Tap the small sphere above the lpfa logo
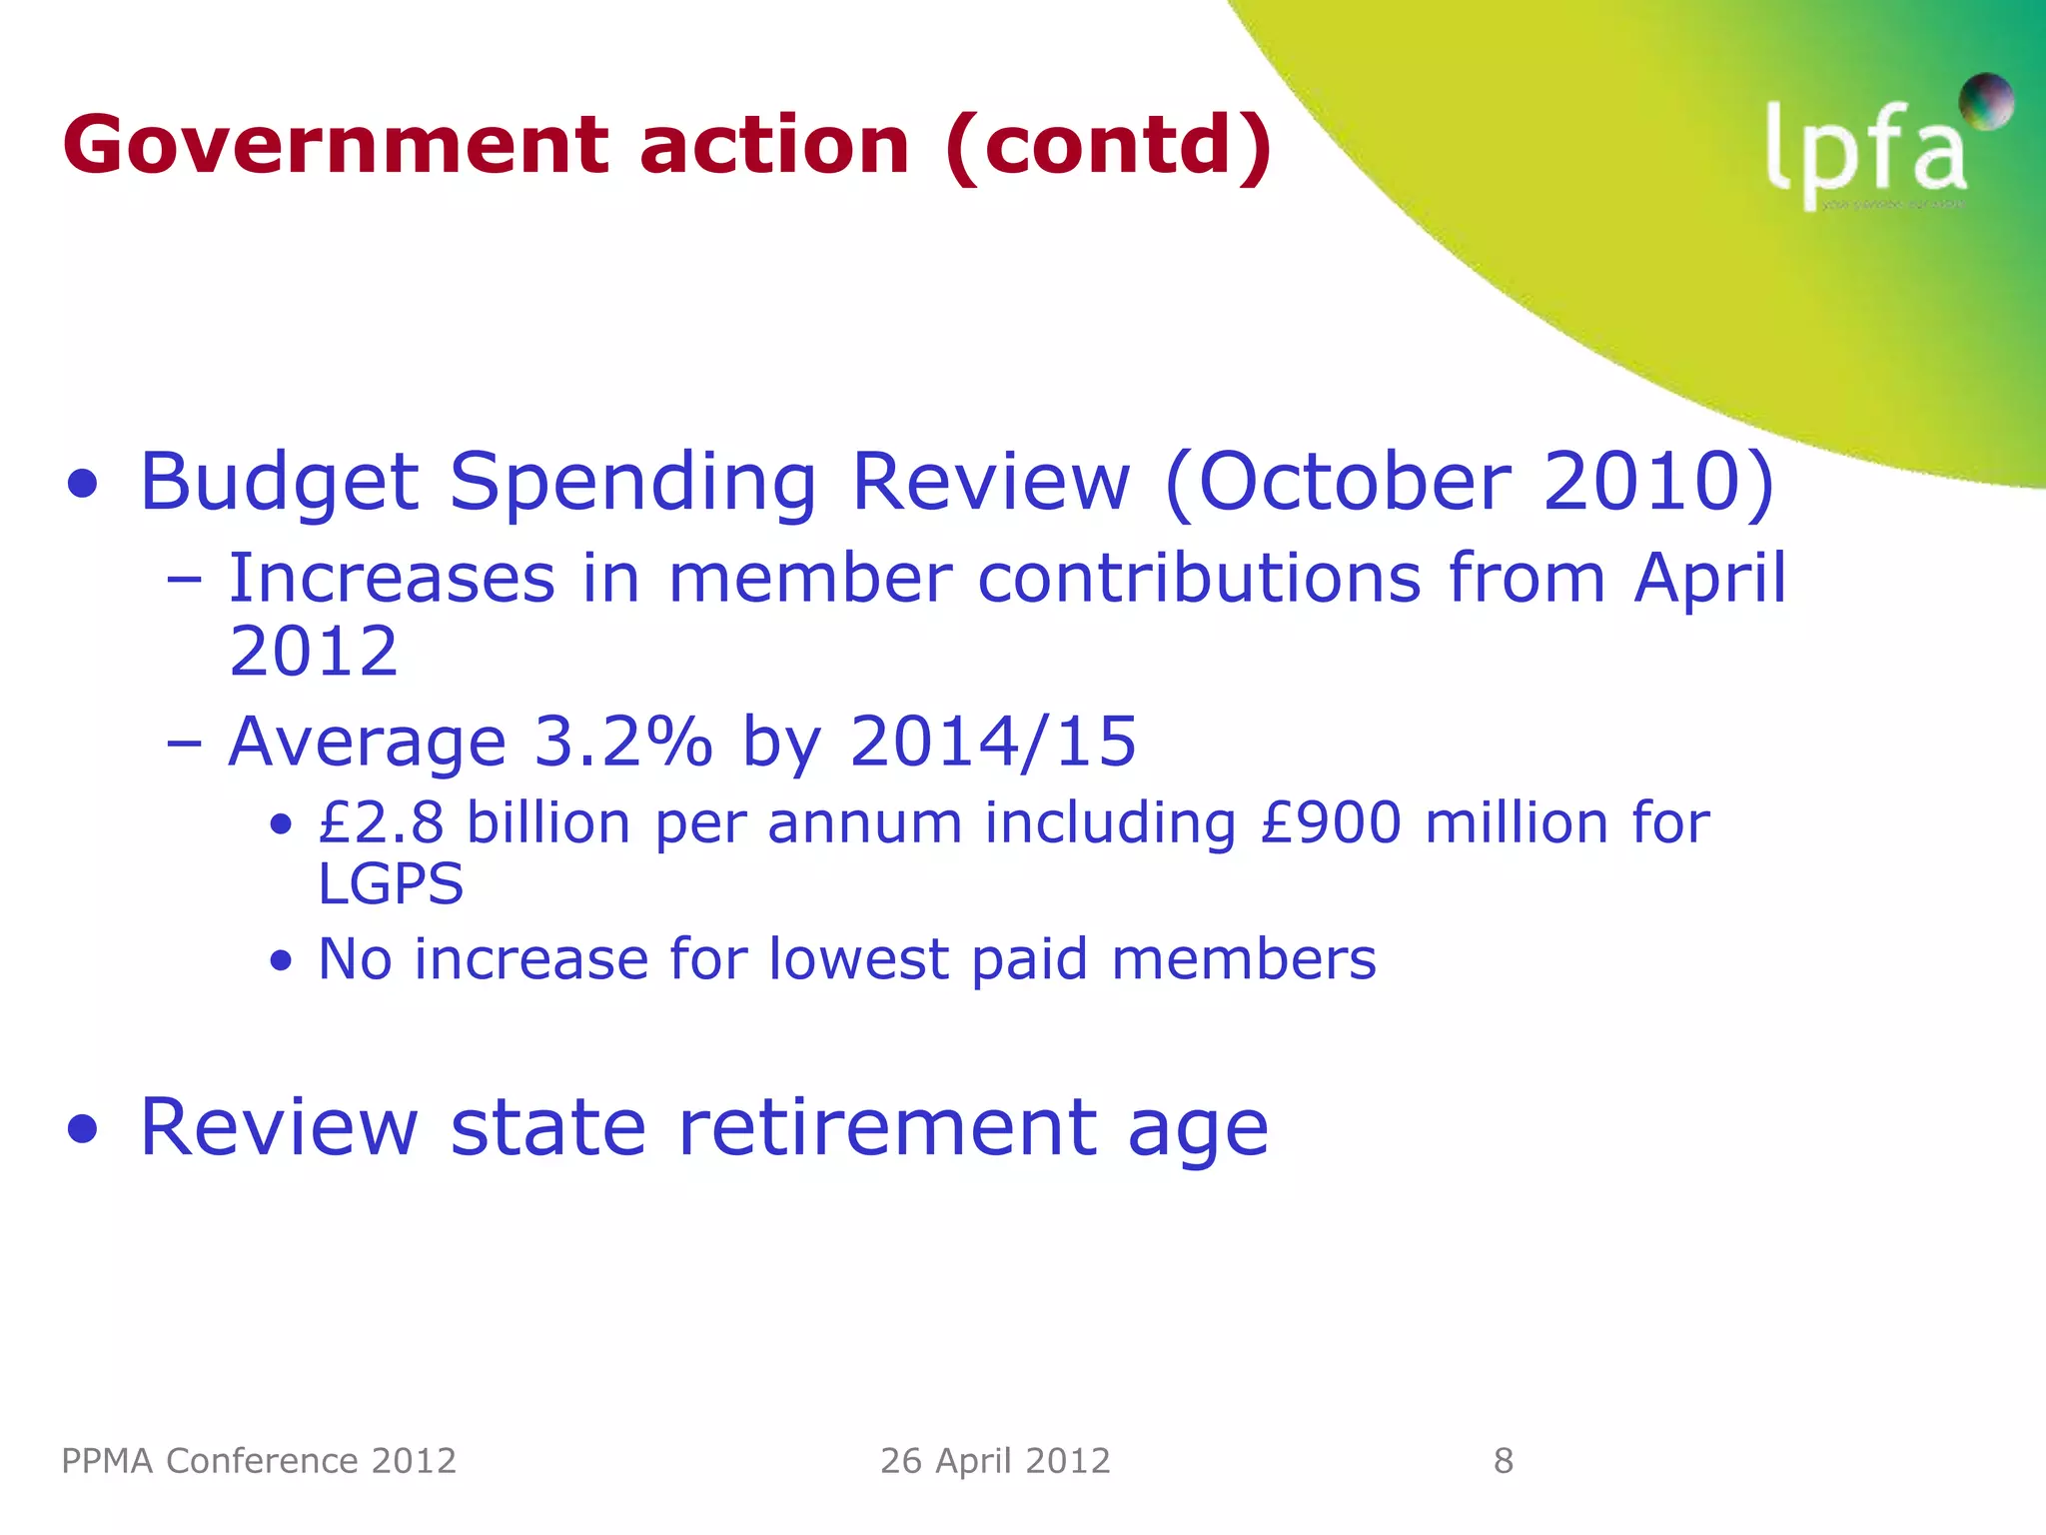1985,101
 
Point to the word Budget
279,484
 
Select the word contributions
1199,579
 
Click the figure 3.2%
623,742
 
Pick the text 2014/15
993,742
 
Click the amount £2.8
381,823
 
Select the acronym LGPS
391,883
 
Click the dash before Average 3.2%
185,743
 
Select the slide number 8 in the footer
1504,1461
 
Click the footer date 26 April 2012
995,1461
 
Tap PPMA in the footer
108,1461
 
